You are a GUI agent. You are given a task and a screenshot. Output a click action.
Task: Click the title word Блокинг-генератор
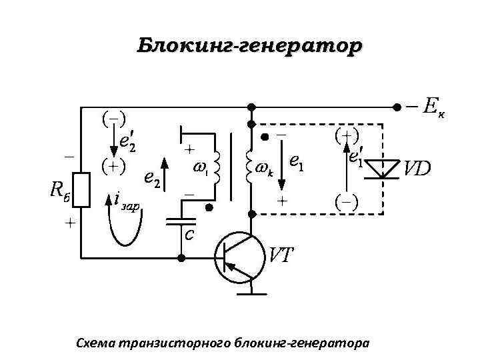point(249,47)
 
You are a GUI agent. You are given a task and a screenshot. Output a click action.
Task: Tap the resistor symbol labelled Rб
point(82,190)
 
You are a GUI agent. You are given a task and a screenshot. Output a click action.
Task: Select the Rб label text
point(61,190)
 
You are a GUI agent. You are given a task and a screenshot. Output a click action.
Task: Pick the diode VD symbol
point(383,168)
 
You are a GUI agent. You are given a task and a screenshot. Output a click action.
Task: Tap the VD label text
point(418,168)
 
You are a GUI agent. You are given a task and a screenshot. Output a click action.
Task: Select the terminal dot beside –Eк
point(396,107)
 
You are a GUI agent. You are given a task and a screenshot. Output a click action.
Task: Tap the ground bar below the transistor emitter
point(252,291)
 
